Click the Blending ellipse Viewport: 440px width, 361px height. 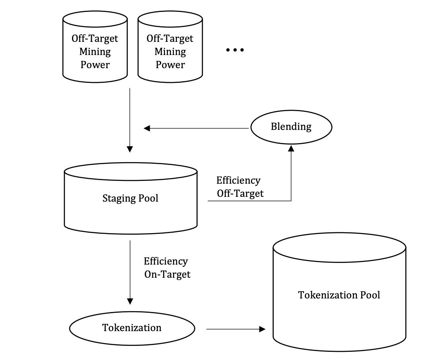[x=291, y=127]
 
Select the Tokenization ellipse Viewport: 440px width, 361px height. [x=132, y=328]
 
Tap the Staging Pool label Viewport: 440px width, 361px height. [x=130, y=198]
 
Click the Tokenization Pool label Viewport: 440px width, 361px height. [x=339, y=295]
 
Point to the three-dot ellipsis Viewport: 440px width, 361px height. [x=235, y=50]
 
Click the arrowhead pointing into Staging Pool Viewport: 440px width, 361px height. [x=130, y=149]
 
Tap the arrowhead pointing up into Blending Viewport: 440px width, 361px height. [x=291, y=148]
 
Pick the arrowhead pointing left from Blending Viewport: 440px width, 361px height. [x=147, y=128]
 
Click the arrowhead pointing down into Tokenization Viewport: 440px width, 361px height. [x=130, y=301]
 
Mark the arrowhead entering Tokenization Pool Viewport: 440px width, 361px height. [x=262, y=329]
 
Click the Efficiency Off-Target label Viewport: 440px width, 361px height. [x=240, y=187]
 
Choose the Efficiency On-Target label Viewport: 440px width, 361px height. [x=167, y=268]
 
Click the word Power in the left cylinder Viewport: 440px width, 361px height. [x=95, y=65]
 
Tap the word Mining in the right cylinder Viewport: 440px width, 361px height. [x=170, y=52]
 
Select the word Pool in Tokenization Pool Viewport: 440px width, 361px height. [x=370, y=295]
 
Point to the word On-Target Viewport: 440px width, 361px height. [x=167, y=274]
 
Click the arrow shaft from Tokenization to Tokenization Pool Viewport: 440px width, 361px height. [x=233, y=329]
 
